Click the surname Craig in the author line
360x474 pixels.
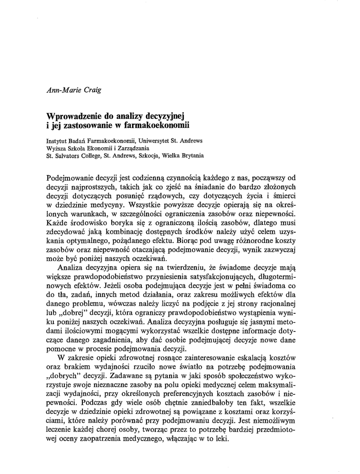tap(91, 90)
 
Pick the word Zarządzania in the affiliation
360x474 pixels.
tap(133, 148)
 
